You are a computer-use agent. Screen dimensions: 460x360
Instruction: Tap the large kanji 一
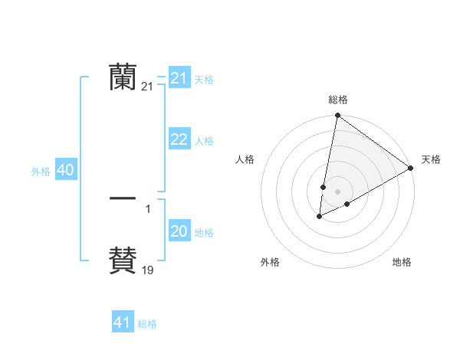(123, 198)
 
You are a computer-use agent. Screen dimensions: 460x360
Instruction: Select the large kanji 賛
(123, 260)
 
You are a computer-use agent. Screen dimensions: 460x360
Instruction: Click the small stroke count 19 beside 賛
(148, 270)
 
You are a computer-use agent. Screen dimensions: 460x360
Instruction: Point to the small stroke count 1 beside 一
(148, 208)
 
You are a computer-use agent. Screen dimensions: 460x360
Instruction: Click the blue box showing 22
(179, 139)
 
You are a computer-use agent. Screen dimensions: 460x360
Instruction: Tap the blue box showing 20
(179, 231)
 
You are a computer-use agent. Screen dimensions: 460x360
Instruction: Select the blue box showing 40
(65, 171)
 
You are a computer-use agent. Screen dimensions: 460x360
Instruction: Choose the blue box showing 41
(123, 322)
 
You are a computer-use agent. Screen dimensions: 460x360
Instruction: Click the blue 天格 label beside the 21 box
(204, 79)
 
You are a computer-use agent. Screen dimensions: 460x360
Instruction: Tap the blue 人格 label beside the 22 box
(204, 141)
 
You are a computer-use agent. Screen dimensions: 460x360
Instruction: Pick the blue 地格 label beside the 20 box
(204, 233)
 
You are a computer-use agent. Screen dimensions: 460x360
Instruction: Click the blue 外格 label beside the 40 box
(41, 172)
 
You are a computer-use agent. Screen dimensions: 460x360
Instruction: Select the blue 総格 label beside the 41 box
(147, 324)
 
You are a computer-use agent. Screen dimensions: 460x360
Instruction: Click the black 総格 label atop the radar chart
(338, 100)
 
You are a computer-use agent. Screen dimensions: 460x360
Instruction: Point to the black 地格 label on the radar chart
(402, 263)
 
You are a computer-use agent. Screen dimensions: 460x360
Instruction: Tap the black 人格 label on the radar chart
(245, 159)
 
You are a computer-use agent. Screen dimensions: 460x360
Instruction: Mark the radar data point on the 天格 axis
(411, 168)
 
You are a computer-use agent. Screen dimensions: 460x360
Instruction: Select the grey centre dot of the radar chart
(338, 191)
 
